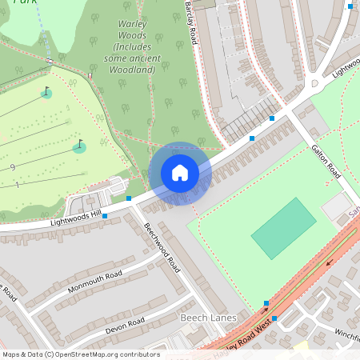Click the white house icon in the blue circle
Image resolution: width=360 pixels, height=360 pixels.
[x=180, y=173]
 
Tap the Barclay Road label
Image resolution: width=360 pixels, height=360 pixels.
[x=191, y=22]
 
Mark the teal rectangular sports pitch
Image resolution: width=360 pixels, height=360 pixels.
[x=283, y=228]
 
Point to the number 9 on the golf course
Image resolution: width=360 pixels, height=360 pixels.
[x=14, y=167]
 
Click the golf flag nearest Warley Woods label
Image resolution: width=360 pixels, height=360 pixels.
[x=46, y=92]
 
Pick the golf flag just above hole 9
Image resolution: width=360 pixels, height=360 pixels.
[x=79, y=146]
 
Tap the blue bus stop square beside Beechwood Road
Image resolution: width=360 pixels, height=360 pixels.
[x=128, y=198]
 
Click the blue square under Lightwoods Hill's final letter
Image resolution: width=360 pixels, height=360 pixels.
[x=104, y=216]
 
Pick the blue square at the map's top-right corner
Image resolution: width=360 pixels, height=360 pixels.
[x=350, y=6]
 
